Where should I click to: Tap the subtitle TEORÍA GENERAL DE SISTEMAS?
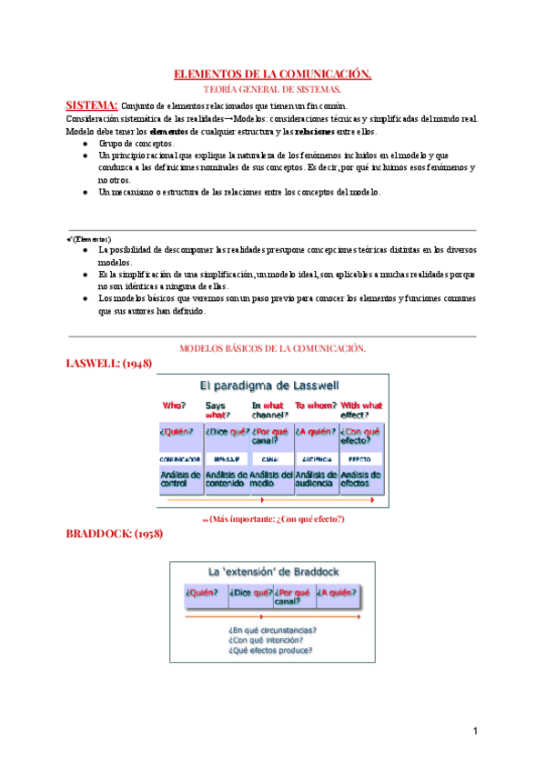tap(272, 89)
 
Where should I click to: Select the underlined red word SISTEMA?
tap(92, 105)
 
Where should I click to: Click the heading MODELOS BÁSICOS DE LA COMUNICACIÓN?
tap(272, 348)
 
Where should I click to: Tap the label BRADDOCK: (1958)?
tap(115, 534)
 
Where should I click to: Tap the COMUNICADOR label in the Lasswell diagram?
tap(180, 460)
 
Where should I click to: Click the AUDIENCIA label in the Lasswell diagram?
tap(316, 460)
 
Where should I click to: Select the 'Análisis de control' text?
tap(179, 479)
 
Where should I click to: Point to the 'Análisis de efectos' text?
tap(360, 479)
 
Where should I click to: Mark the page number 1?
tap(475, 731)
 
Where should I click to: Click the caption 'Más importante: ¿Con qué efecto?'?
tap(273, 518)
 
